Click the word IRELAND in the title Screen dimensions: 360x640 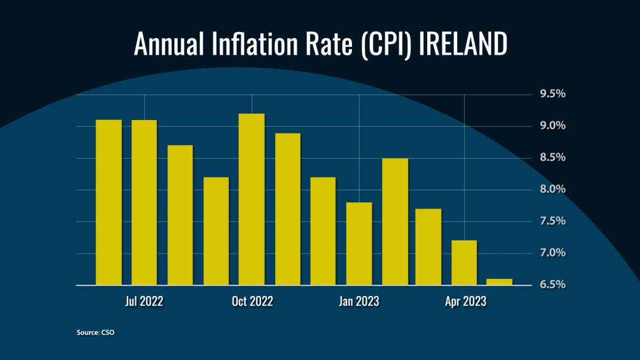pyautogui.click(x=462, y=44)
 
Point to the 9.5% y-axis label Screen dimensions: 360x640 pyautogui.click(x=553, y=94)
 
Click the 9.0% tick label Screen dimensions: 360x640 pyautogui.click(x=553, y=126)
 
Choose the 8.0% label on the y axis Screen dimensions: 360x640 pyautogui.click(x=553, y=189)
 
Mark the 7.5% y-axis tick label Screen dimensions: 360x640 pyautogui.click(x=553, y=221)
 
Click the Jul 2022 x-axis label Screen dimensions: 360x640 pyautogui.click(x=144, y=301)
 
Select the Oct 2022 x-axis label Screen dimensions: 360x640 pyautogui.click(x=252, y=301)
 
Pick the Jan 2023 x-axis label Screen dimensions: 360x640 pyautogui.click(x=359, y=301)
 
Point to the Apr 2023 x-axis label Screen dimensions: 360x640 pyautogui.click(x=466, y=301)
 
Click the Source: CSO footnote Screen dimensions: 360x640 pyautogui.click(x=95, y=332)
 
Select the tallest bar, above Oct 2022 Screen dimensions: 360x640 pyautogui.click(x=252, y=200)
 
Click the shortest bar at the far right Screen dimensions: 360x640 pyautogui.click(x=500, y=282)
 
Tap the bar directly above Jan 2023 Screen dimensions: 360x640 pyautogui.click(x=359, y=244)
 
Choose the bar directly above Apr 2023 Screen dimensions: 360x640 pyautogui.click(x=464, y=263)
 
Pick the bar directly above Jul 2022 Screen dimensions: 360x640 pyautogui.click(x=144, y=203)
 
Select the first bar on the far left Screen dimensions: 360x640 pyautogui.click(x=109, y=203)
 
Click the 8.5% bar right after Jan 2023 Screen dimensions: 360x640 pyautogui.click(x=395, y=222)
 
